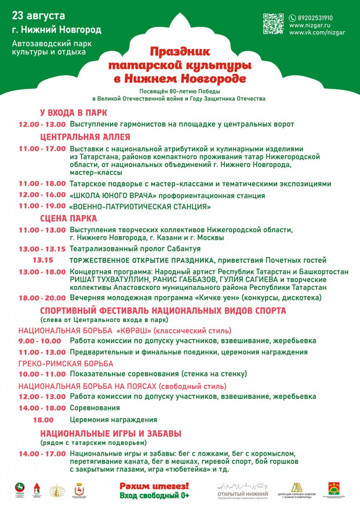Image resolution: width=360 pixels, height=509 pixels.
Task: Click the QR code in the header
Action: click(x=273, y=24)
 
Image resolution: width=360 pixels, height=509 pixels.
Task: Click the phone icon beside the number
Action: click(x=292, y=18)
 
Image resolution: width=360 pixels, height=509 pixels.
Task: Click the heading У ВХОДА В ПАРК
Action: click(x=74, y=113)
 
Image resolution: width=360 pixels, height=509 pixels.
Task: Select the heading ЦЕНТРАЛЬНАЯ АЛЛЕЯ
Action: click(x=85, y=137)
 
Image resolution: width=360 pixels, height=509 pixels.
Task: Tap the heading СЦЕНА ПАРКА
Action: click(x=69, y=218)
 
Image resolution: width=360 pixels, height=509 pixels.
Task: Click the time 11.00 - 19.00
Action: click(x=42, y=206)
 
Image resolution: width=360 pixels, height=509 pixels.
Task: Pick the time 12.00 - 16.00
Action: click(x=42, y=195)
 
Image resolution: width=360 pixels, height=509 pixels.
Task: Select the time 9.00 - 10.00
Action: click(x=40, y=341)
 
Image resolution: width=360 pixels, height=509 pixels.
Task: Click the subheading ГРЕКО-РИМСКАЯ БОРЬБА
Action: click(x=66, y=363)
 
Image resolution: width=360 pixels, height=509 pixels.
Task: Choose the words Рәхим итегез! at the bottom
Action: click(x=154, y=486)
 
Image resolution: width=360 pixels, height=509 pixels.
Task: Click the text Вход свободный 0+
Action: click(x=154, y=496)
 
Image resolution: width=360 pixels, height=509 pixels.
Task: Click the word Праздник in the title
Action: click(x=180, y=51)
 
